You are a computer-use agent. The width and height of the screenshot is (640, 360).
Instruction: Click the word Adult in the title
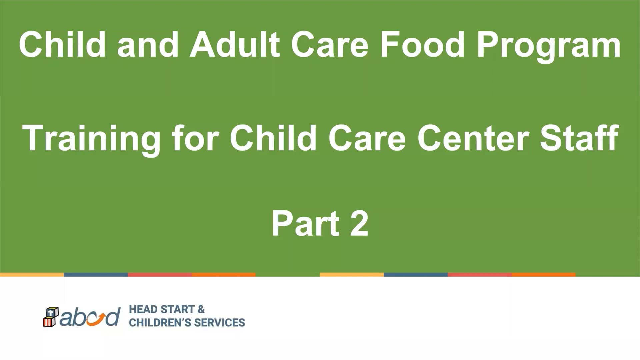pyautogui.click(x=235, y=44)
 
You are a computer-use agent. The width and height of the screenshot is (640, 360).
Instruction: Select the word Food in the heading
pyautogui.click(x=422, y=44)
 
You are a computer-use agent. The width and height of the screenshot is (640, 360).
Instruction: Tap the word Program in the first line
pyautogui.click(x=549, y=47)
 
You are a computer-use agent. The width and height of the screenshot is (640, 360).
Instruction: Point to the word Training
pyautogui.click(x=91, y=140)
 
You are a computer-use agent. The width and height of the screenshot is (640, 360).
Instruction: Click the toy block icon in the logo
pyautogui.click(x=51, y=317)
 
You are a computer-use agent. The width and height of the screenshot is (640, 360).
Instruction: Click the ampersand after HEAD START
pyautogui.click(x=201, y=309)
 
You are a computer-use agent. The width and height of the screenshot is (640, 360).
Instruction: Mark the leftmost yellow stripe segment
pyautogui.click(x=32, y=275)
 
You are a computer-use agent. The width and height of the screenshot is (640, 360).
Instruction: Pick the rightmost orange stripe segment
pyautogui.click(x=544, y=275)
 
